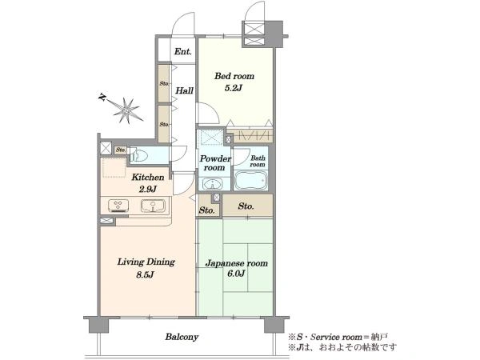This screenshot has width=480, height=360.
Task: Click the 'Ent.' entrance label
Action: [x=182, y=51]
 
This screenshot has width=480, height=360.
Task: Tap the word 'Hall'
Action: [x=184, y=90]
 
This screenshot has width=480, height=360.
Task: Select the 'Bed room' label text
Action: [x=234, y=76]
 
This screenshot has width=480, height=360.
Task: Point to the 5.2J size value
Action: [x=234, y=88]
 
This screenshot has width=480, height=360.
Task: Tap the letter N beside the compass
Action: [x=102, y=98]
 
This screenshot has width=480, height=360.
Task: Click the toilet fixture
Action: [x=138, y=156]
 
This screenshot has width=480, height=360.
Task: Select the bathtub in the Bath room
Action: [x=250, y=180]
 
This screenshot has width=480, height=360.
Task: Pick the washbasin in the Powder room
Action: [x=212, y=184]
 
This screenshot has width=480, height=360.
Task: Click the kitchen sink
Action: [x=153, y=206]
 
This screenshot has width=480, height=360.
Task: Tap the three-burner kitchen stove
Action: [x=118, y=206]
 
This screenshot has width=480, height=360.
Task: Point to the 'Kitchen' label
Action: [x=148, y=178]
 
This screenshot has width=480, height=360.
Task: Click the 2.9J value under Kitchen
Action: [x=147, y=189]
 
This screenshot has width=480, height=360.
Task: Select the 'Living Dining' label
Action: [x=146, y=262]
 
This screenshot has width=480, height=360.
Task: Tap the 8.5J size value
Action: [x=145, y=274]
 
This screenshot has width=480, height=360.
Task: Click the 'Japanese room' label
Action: [x=236, y=263]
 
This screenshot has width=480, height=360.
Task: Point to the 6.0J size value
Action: [x=236, y=274]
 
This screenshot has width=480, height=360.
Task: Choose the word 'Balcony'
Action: [x=182, y=337]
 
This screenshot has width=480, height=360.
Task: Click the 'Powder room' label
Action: [x=215, y=163]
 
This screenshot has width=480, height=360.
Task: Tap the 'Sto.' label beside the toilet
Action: [x=121, y=150]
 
